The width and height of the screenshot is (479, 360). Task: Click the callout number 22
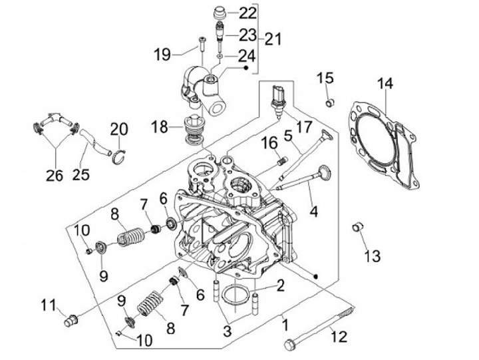pyautogui.click(x=247, y=13)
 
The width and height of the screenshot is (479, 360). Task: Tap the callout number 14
pyautogui.click(x=385, y=83)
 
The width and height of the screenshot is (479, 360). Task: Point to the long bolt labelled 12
pyautogui.click(x=320, y=327)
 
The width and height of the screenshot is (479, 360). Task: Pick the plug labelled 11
pyautogui.click(x=71, y=321)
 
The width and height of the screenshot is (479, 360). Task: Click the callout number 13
pyautogui.click(x=373, y=256)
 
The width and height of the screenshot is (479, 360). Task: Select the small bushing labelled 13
pyautogui.click(x=357, y=226)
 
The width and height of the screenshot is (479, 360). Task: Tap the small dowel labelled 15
pyautogui.click(x=329, y=102)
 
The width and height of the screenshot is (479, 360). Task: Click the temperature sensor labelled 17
pyautogui.click(x=277, y=102)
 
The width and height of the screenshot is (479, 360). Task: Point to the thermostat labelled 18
pyautogui.click(x=193, y=129)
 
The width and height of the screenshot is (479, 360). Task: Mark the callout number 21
pyautogui.click(x=273, y=39)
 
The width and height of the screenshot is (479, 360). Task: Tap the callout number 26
pyautogui.click(x=55, y=176)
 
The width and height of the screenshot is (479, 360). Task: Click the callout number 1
pyautogui.click(x=285, y=325)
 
